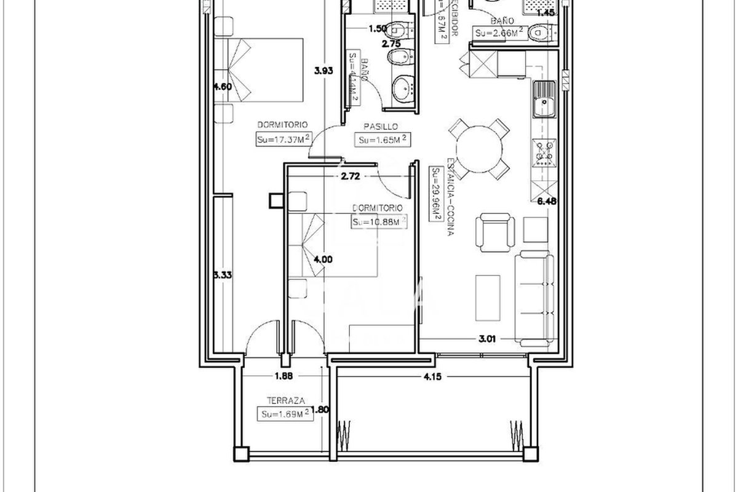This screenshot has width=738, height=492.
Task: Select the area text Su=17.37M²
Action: [282, 140]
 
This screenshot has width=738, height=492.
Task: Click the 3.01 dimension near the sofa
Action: [487, 337]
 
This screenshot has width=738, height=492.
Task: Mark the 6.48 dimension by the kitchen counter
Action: [547, 200]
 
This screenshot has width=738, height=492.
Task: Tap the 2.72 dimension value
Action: [350, 176]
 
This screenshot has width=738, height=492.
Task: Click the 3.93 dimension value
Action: [323, 71]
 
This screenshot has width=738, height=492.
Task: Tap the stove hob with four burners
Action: [543, 154]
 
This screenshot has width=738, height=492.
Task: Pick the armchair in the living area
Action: [495, 232]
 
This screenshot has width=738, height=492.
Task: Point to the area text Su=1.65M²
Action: [384, 140]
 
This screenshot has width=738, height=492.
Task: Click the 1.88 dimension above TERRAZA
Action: [283, 377]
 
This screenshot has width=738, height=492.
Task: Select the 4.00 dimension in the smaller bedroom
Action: [323, 260]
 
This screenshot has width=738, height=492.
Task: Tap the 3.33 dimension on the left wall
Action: [222, 276]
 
